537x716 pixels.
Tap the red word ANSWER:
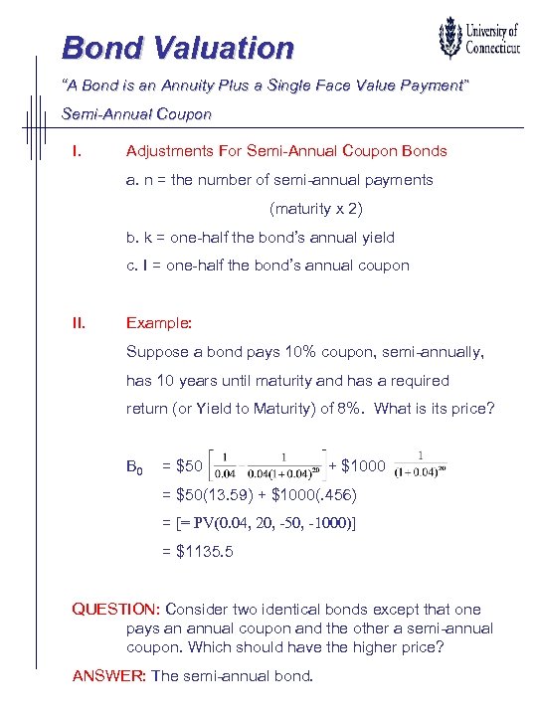coord(109,676)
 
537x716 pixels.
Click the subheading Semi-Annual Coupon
coord(136,114)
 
